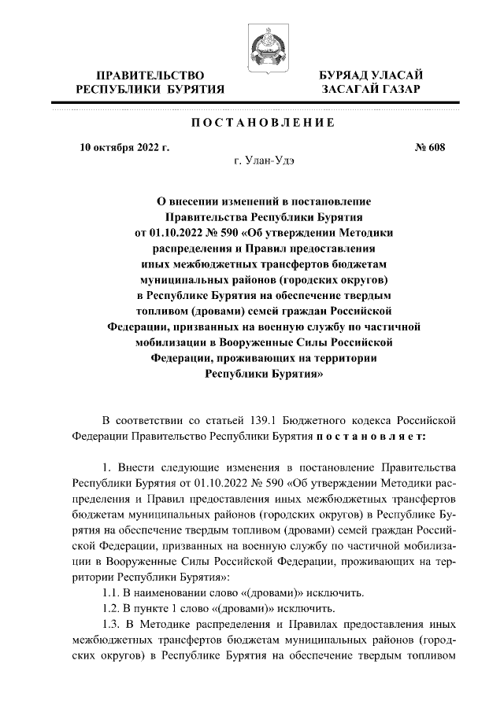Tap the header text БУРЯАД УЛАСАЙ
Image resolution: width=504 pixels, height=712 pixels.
[371, 74]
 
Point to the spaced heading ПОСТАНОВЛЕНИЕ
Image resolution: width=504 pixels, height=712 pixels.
[252, 123]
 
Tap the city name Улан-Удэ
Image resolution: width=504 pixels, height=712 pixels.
[272, 162]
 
